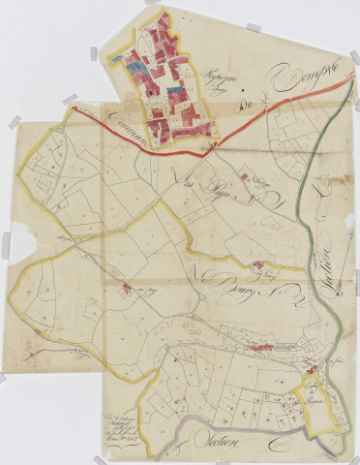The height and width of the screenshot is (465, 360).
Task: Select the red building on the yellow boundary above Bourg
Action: pos(256,265)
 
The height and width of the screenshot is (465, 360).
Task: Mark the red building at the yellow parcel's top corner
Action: pos(312,370)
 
